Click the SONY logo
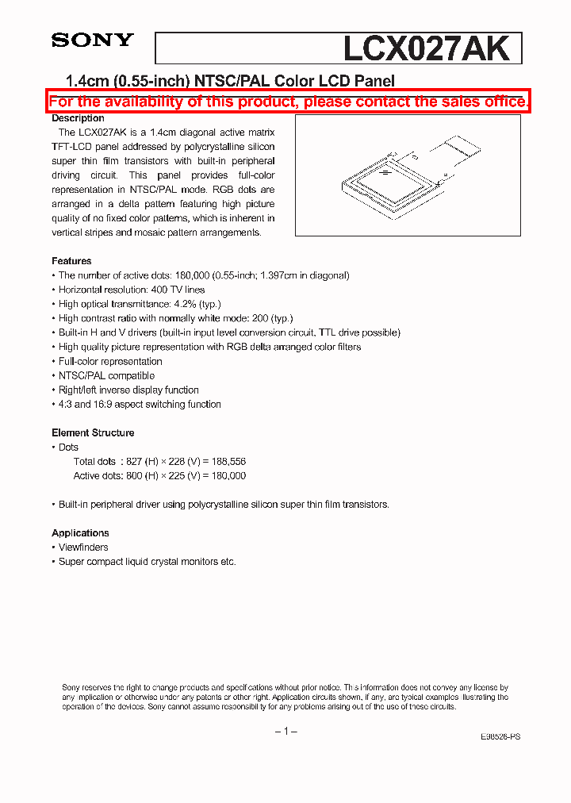[93, 40]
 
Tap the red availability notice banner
[288, 102]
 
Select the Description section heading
[78, 118]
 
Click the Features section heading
[71, 261]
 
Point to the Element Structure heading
[93, 432]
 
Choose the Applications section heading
[80, 533]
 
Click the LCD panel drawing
[408, 175]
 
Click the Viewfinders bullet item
[83, 547]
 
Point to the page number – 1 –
[285, 731]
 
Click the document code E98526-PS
[500, 736]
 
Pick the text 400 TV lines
[177, 290]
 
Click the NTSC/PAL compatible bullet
[106, 375]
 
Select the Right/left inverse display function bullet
[128, 390]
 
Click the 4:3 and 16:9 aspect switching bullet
[140, 404]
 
